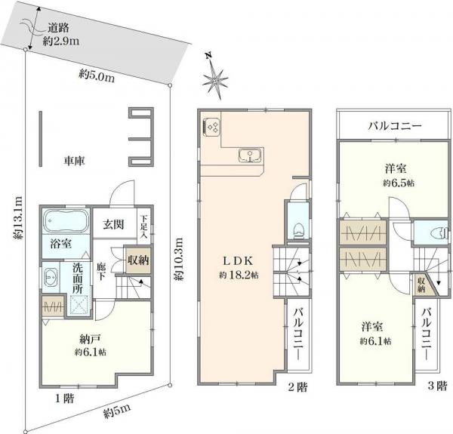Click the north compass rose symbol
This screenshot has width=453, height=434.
(217, 77)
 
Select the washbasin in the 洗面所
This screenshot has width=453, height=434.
(51, 275)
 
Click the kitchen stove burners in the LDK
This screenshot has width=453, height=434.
(211, 127)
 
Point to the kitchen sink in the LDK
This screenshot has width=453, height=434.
(248, 156)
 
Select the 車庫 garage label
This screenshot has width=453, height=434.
(74, 161)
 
